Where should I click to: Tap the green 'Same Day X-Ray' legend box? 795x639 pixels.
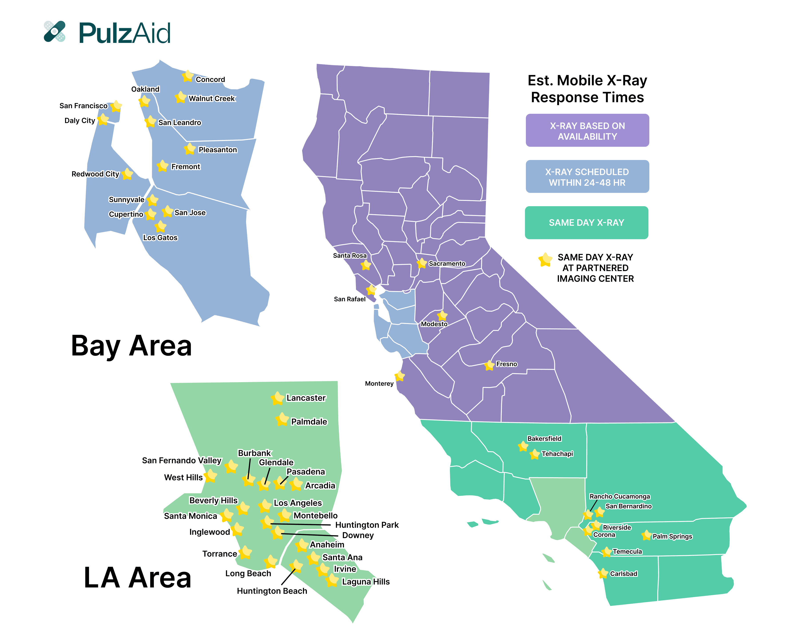pos(586,222)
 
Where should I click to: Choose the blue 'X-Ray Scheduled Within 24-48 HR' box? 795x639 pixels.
pos(587,176)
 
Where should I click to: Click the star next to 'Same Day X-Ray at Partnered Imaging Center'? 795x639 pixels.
pos(545,259)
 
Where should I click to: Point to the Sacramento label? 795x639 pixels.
pos(447,264)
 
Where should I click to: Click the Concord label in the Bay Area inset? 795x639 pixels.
pos(210,79)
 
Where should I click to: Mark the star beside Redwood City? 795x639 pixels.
pos(127,174)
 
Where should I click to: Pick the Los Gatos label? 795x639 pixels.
pos(160,238)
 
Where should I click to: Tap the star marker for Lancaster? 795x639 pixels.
pos(277,398)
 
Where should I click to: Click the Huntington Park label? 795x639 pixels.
pos(367,525)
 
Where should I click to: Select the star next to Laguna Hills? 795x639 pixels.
pos(332,580)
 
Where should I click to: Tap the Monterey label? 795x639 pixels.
pos(379,383)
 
